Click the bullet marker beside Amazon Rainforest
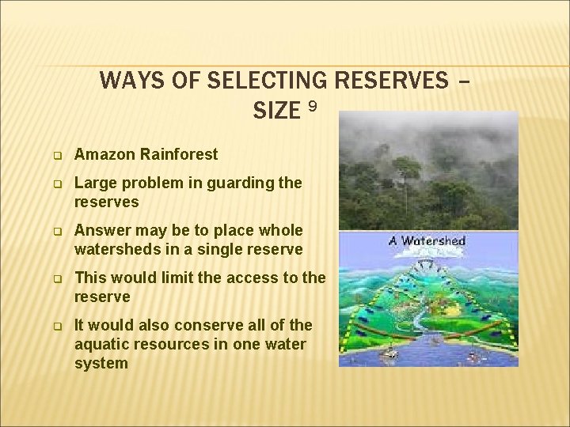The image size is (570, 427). tap(57, 155)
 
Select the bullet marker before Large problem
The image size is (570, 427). tap(57, 183)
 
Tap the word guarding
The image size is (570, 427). tap(237, 183)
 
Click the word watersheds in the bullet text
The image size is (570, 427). tap(114, 249)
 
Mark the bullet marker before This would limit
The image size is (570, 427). tap(57, 278)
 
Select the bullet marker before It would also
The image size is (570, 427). tap(57, 326)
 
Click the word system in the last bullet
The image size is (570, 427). tap(101, 363)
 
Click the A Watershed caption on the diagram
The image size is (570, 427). tap(427, 240)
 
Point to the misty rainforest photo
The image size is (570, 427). tap(427, 170)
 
